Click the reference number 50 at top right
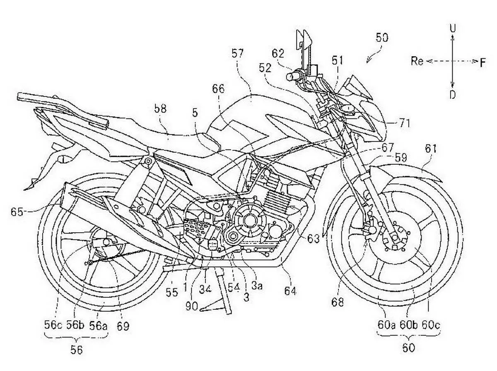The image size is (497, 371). point(382,38)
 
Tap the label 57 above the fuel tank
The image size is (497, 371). point(237,54)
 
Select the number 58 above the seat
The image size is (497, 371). point(160,109)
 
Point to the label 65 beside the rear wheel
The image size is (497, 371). point(17,212)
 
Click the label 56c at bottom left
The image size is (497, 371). point(53,325)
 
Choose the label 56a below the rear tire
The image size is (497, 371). point(98,326)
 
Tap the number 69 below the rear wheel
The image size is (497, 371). point(123,326)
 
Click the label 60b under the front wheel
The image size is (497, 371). point(408,325)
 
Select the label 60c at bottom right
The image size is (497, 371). point(431,325)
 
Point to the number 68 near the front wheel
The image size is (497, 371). point(338,302)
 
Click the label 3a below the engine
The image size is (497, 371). point(257,286)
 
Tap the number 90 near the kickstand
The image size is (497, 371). point(192,306)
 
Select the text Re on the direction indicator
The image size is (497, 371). point(417,61)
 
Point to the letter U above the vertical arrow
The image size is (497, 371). point(453,28)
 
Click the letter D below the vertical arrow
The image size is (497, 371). point(452,95)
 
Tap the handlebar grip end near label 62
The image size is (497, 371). point(290,77)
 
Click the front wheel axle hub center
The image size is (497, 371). point(395,237)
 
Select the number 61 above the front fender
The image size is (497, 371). point(430,149)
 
